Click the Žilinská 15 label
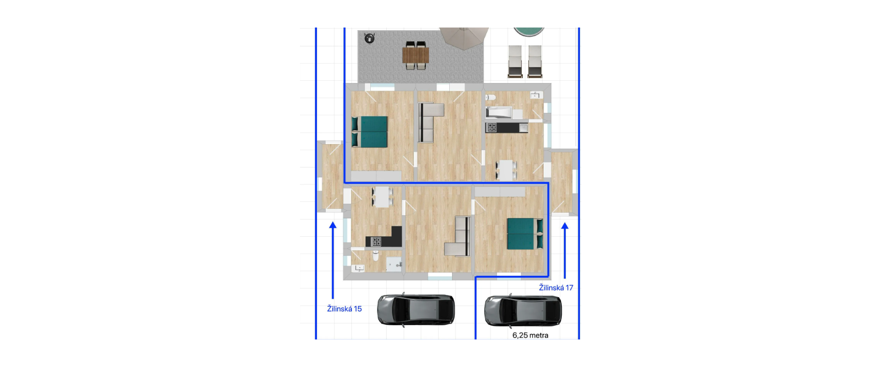click(344, 309)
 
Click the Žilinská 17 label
click(556, 288)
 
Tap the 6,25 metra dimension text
click(530, 335)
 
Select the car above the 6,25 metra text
click(523, 311)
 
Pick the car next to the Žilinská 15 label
click(416, 310)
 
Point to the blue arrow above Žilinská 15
click(333, 261)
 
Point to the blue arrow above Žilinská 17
click(565, 250)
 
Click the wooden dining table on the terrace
click(416, 55)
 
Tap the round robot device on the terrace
click(369, 38)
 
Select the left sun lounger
click(515, 61)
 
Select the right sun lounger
click(535, 61)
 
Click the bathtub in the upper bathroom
click(499, 112)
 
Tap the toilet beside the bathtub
click(490, 97)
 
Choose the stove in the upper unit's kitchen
click(492, 128)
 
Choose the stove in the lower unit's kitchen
click(376, 241)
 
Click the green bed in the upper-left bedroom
click(370, 132)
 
